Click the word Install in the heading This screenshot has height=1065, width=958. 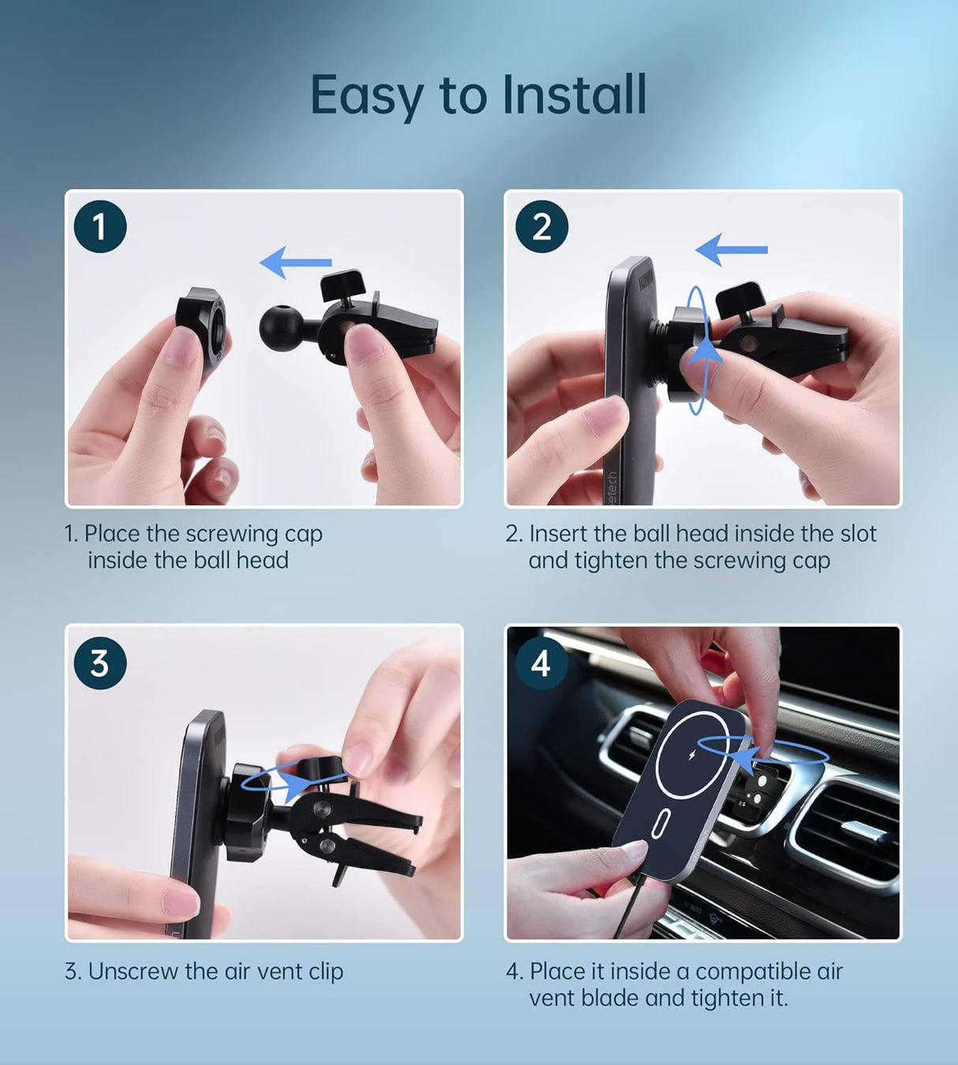click(574, 95)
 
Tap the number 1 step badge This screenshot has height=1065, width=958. click(100, 227)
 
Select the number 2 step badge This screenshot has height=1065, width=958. click(541, 227)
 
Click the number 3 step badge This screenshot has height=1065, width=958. click(100, 663)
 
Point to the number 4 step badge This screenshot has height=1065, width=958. click(541, 663)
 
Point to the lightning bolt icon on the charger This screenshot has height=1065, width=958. click(692, 756)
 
